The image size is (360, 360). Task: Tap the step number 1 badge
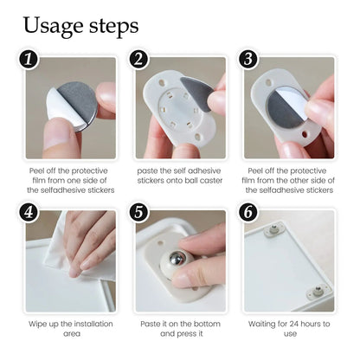[x=29, y=61]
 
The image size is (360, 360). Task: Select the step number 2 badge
[x=139, y=61]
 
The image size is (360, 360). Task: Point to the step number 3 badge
[x=248, y=61]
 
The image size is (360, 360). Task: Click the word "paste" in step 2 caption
[x=147, y=170]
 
